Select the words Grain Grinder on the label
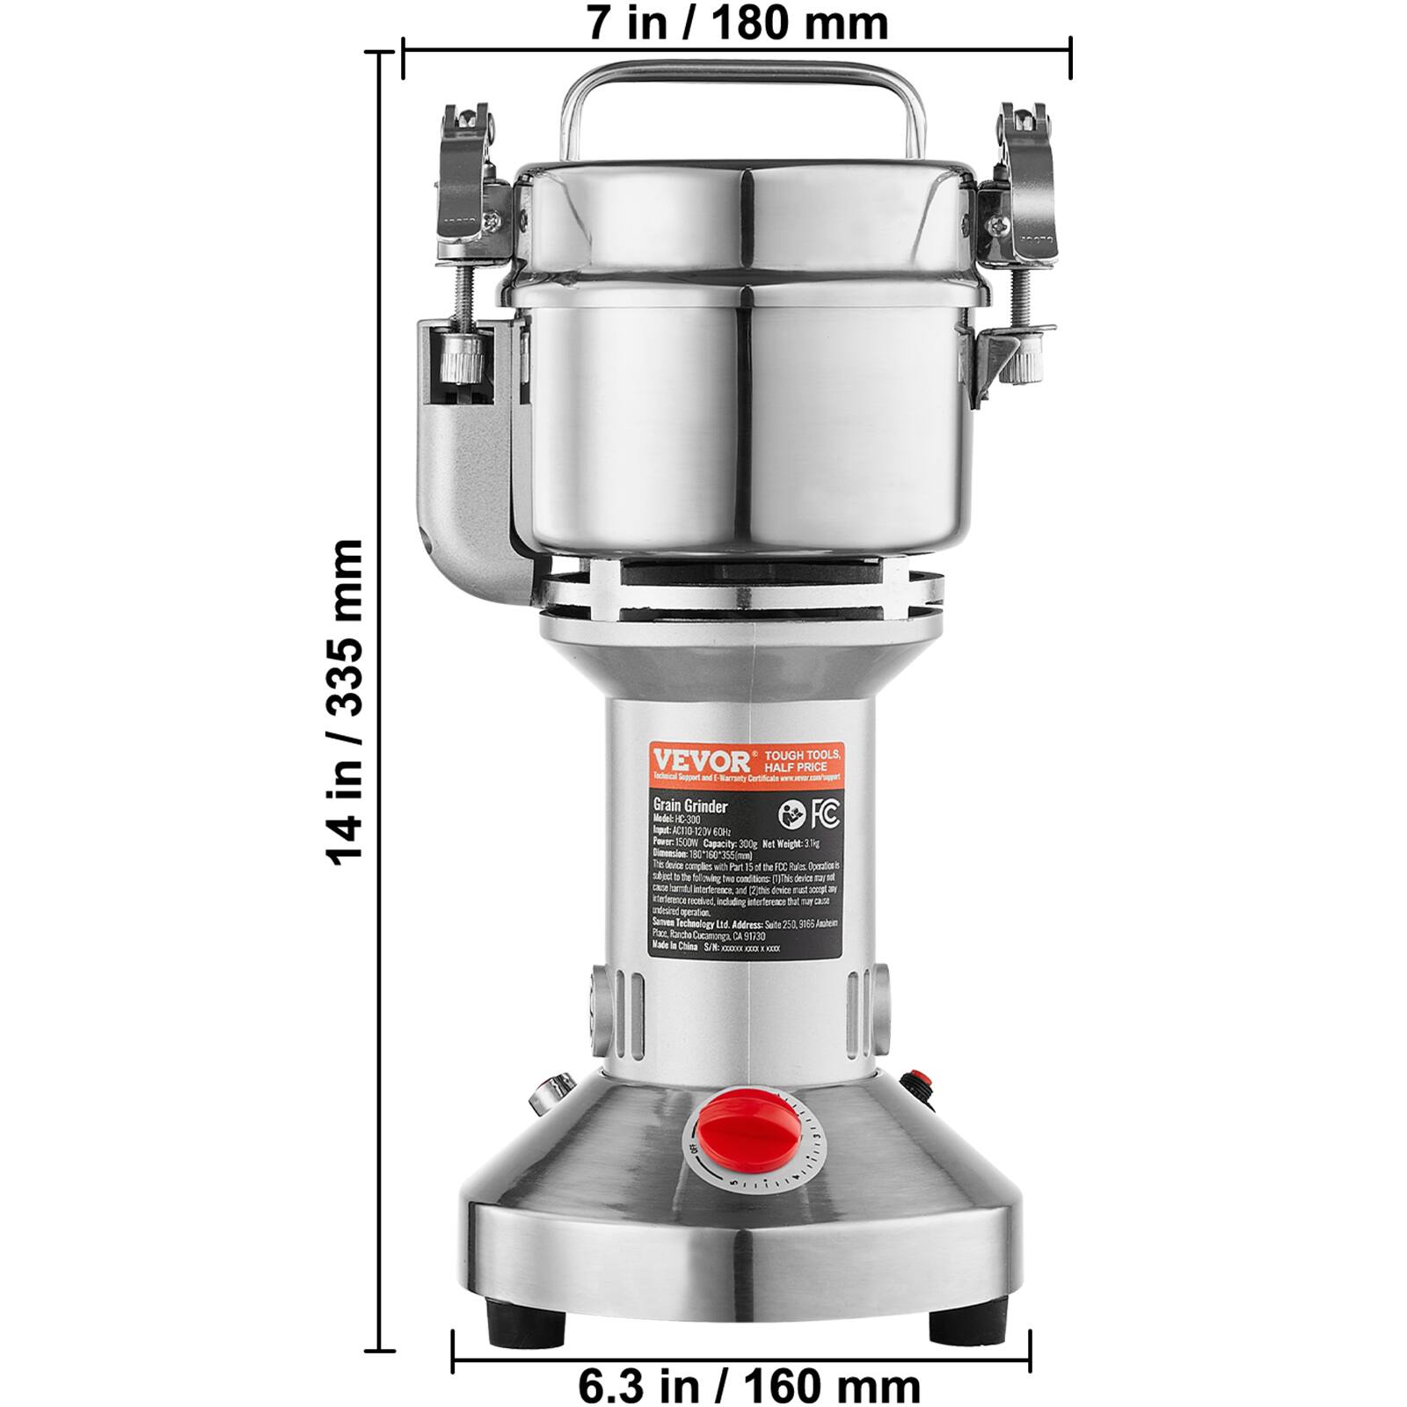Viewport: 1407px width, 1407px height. (689, 806)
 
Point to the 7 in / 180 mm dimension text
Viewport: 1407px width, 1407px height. (737, 23)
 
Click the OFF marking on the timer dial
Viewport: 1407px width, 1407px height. (694, 1148)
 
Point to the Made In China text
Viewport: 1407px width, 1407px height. (674, 947)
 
